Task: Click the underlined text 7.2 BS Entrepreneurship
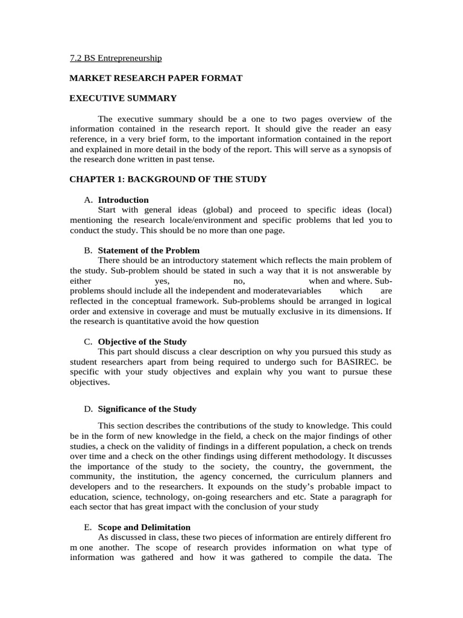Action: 116,59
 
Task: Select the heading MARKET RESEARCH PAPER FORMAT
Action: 156,78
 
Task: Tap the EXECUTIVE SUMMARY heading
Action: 123,98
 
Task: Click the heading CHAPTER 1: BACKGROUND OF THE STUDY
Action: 168,179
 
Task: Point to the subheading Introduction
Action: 123,200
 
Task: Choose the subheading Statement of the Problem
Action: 149,250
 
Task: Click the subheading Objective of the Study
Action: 142,342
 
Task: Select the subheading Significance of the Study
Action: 147,409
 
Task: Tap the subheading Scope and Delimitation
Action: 144,527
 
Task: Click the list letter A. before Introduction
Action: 89,200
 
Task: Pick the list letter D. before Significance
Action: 89,409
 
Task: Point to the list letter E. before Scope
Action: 89,527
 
